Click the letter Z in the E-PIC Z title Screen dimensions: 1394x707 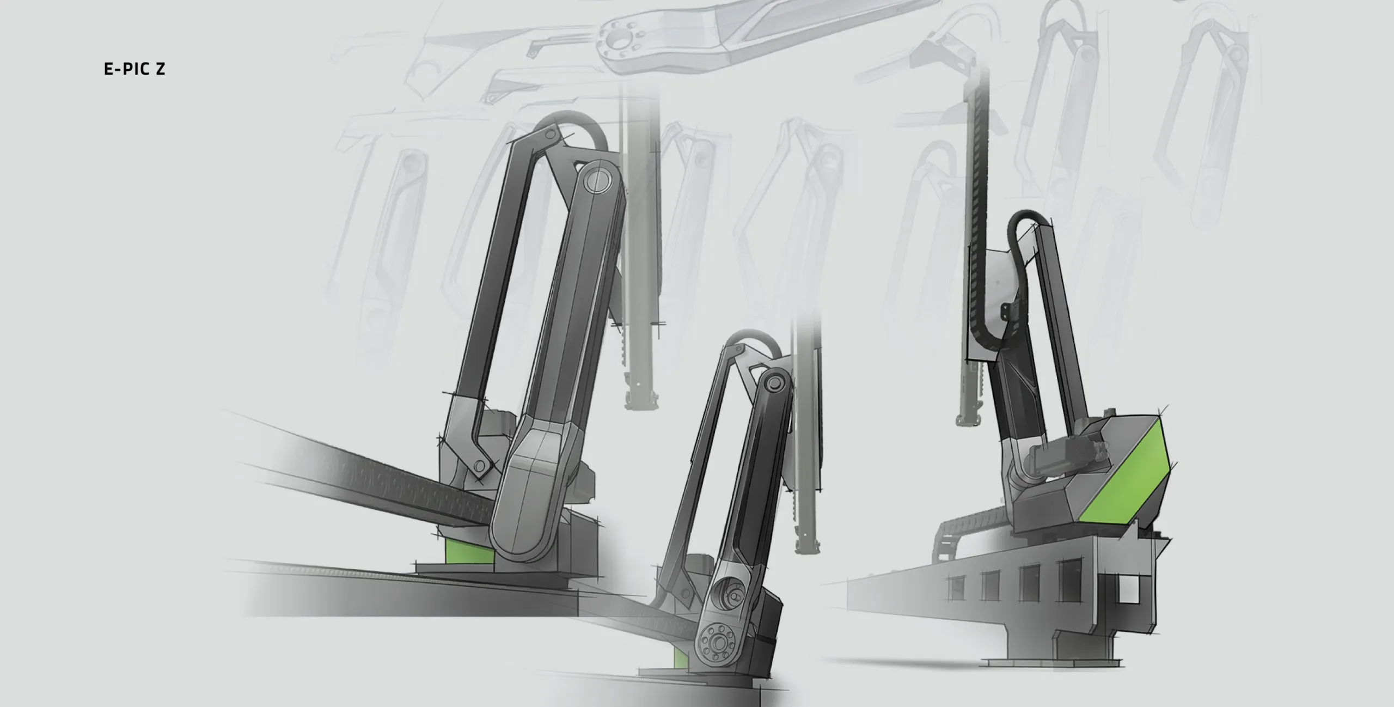[x=159, y=69]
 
